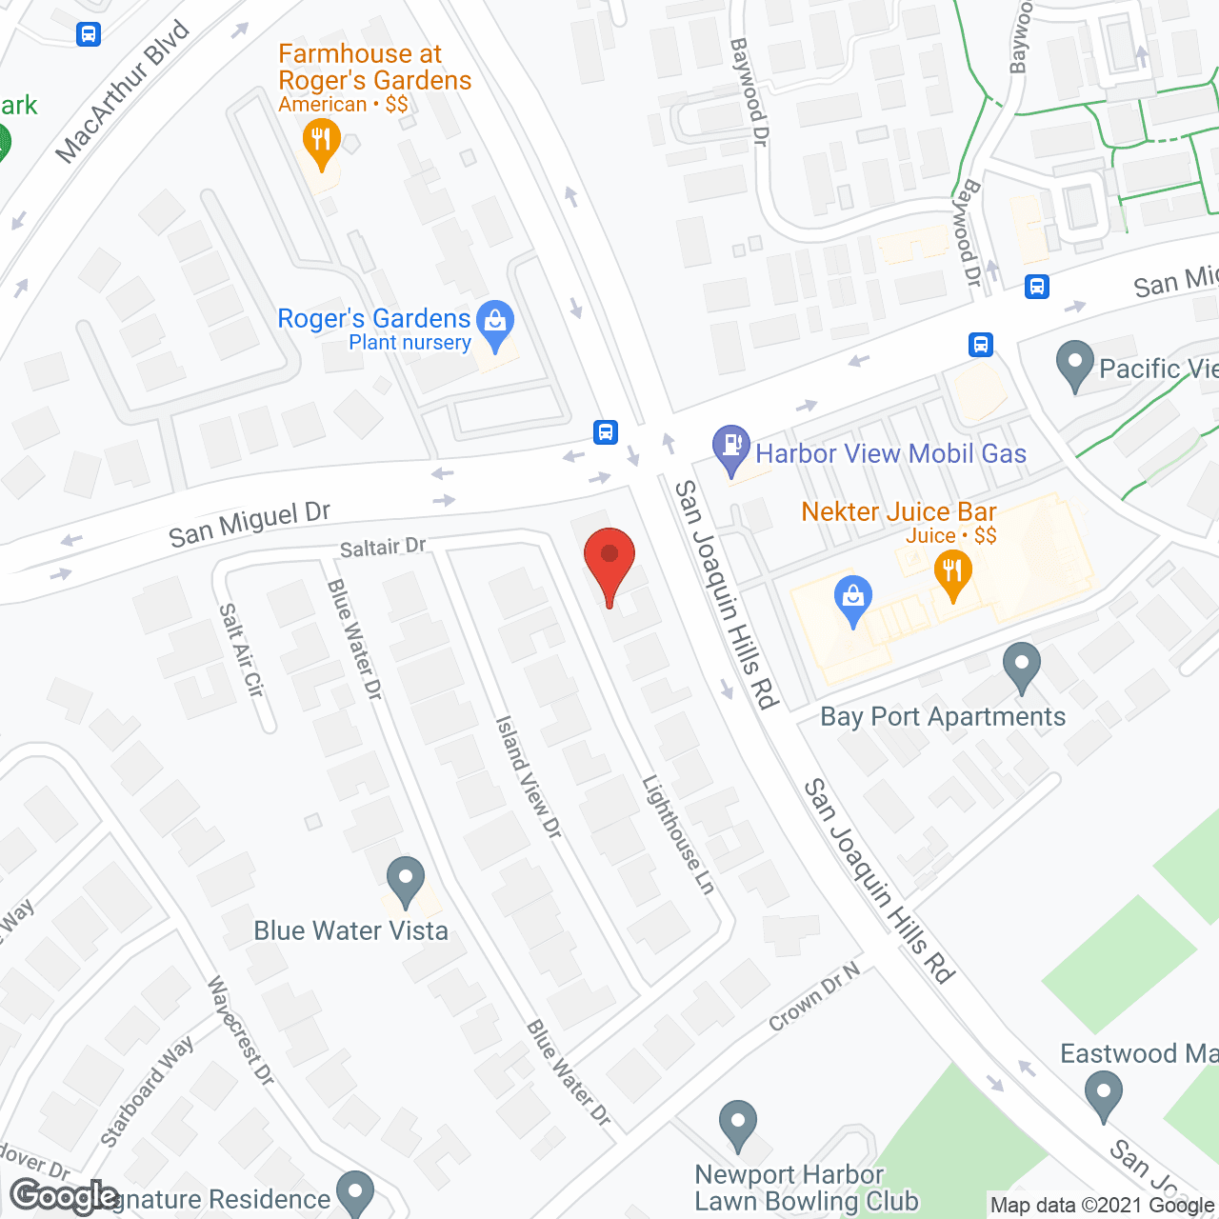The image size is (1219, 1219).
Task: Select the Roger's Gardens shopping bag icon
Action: tap(495, 324)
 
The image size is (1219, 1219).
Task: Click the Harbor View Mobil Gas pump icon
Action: tap(731, 448)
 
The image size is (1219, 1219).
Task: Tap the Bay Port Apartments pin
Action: tap(1022, 666)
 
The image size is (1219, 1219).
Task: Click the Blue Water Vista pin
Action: tap(406, 880)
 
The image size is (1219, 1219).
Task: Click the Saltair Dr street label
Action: tap(383, 548)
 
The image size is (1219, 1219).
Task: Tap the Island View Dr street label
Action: tap(529, 777)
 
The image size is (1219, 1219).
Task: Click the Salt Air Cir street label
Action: tap(241, 649)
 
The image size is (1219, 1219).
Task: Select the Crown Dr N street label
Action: tap(814, 997)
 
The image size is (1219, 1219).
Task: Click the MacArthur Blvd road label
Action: tap(123, 91)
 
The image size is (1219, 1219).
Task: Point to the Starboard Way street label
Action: tap(147, 1090)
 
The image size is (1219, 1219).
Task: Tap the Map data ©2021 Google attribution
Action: tap(1103, 1206)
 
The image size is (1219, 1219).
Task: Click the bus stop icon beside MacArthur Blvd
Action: tap(89, 34)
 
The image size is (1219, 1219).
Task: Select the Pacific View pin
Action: tap(1075, 365)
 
